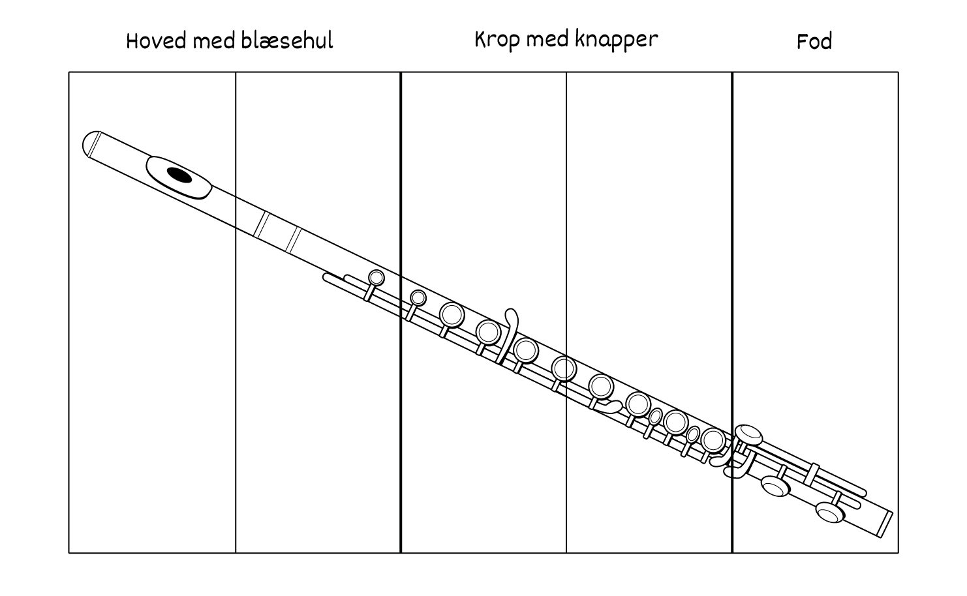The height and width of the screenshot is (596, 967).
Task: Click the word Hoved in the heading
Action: (157, 42)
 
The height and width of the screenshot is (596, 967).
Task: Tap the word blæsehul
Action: (287, 40)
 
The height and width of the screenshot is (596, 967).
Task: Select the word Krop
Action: (497, 40)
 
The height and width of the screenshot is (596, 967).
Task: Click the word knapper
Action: (617, 40)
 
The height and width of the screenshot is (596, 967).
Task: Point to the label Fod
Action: (814, 42)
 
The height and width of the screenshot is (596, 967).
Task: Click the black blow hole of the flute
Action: (179, 175)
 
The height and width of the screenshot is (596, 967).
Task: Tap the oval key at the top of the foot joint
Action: (748, 435)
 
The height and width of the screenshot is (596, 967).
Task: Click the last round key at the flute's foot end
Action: (829, 513)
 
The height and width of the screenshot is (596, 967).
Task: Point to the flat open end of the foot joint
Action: (886, 524)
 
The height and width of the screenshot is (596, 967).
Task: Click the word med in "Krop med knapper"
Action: (547, 40)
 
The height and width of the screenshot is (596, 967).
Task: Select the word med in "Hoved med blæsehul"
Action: (213, 42)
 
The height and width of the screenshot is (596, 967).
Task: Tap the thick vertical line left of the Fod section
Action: (732, 312)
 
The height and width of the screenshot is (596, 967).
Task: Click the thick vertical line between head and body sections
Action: (401, 312)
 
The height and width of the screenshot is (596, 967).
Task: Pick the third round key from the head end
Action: (452, 314)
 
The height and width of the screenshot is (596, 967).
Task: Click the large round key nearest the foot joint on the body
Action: (713, 440)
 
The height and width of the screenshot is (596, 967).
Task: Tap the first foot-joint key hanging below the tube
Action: (775, 486)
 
